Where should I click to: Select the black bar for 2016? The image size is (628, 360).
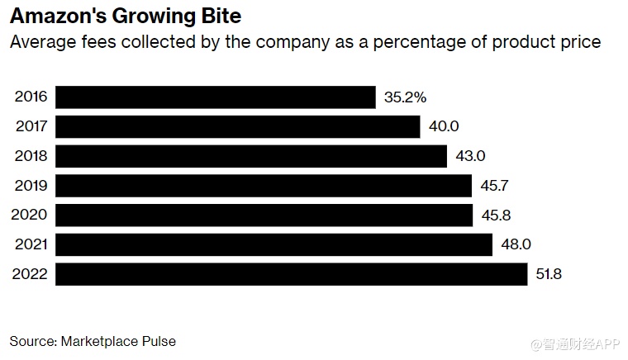point(216,97)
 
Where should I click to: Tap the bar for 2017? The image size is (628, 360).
point(238,126)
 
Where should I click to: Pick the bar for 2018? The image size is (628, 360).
point(251,156)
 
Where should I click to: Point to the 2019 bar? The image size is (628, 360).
point(264,186)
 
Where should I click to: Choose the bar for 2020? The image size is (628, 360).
point(264,215)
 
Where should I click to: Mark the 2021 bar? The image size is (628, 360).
point(274,244)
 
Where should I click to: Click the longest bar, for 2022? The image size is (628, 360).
point(291,274)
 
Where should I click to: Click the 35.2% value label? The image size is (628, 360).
point(405,97)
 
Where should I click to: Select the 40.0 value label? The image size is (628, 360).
point(444,126)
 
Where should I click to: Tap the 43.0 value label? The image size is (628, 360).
point(469,156)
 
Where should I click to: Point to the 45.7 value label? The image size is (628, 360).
point(494,186)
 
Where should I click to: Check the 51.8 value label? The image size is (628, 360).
point(549,274)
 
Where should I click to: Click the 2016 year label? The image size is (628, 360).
point(31,97)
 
